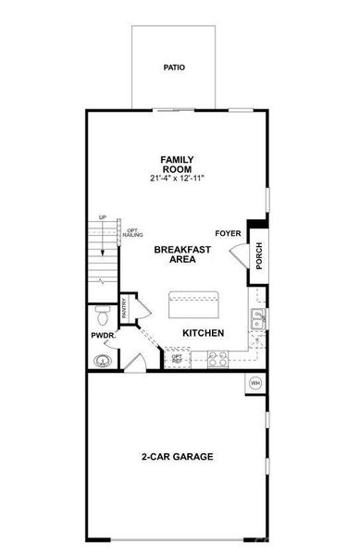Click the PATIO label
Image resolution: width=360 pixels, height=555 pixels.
click(173, 68)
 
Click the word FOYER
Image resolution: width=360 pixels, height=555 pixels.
click(228, 233)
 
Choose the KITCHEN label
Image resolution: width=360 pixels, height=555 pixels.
click(205, 332)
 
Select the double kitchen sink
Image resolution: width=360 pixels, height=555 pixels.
click(257, 319)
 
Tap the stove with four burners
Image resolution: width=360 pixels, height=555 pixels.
click(218, 358)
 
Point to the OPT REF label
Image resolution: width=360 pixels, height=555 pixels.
click(177, 357)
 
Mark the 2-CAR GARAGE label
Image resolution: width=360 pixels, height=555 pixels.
click(178, 457)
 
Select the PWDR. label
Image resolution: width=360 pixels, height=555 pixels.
click(101, 336)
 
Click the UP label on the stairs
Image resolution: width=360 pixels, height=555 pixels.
click(103, 218)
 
